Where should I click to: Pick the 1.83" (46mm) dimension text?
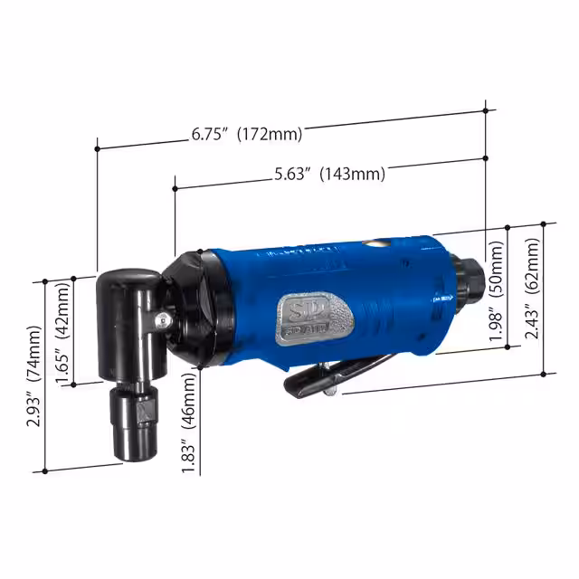coord(189,419)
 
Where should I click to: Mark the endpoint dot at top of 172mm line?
coord(487,110)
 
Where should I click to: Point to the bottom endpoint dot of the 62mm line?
coord(543,373)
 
